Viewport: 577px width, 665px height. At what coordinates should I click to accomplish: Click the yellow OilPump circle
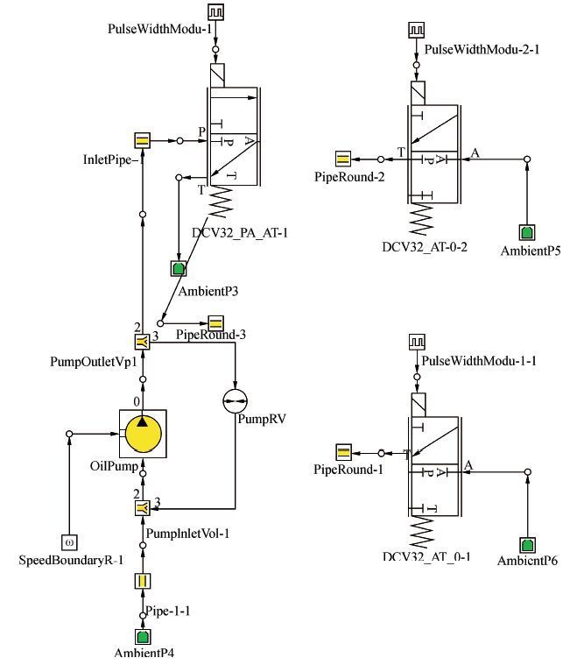click(x=143, y=434)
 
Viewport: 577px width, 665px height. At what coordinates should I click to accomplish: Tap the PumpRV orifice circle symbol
click(x=236, y=400)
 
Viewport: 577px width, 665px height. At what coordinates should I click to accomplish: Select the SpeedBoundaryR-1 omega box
click(x=69, y=542)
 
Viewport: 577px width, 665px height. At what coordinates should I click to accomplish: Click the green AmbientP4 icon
click(x=143, y=637)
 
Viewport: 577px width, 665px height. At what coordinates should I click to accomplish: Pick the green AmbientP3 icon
click(x=179, y=268)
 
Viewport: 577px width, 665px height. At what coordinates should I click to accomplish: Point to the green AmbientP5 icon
click(x=527, y=232)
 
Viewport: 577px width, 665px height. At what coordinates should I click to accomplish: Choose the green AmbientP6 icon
click(x=527, y=545)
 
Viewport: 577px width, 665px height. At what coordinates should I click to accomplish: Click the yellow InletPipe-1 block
click(x=143, y=140)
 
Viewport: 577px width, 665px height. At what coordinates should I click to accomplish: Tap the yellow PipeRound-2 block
click(x=343, y=159)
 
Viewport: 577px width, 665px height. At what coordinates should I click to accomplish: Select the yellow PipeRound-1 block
click(x=343, y=452)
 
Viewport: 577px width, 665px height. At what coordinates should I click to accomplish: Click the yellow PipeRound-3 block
click(x=215, y=323)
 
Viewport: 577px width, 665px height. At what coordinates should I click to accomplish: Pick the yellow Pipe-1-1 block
click(x=143, y=581)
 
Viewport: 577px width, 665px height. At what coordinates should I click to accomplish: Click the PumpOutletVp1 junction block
click(x=143, y=342)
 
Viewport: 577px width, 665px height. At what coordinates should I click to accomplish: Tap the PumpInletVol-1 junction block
click(x=143, y=508)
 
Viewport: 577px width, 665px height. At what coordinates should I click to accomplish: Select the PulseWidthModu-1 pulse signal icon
click(x=215, y=12)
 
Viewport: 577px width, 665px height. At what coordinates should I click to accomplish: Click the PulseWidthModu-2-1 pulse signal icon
click(x=416, y=31)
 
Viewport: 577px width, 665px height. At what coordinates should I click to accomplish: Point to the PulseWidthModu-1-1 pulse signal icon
click(x=417, y=342)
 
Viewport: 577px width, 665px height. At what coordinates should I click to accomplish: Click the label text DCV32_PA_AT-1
click(x=240, y=233)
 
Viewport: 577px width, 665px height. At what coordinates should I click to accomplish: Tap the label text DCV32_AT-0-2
click(x=425, y=247)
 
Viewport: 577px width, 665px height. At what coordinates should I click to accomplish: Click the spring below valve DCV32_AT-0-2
click(x=422, y=219)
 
